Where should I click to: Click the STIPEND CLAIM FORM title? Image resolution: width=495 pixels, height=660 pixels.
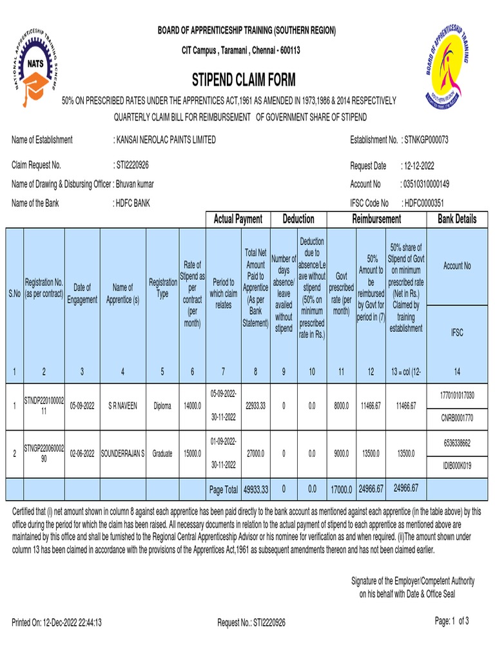(x=244, y=80)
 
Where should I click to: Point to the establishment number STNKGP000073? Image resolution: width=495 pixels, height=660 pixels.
(x=425, y=140)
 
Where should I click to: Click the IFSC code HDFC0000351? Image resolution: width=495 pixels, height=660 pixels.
(x=426, y=203)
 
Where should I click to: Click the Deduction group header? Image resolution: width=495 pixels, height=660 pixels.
(x=298, y=220)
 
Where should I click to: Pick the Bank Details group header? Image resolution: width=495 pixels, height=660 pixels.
(x=457, y=220)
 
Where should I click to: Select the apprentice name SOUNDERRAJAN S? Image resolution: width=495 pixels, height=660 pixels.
(x=122, y=454)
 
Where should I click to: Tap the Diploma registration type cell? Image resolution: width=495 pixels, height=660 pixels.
(x=162, y=407)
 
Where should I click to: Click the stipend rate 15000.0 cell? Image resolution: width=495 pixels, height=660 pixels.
(x=192, y=454)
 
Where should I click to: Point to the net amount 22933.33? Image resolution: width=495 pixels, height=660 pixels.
(x=255, y=407)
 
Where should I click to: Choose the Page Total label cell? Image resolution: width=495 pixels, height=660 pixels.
(x=223, y=490)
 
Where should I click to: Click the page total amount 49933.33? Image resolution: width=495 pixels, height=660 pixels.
(x=255, y=490)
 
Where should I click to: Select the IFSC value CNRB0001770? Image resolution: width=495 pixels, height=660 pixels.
(x=457, y=418)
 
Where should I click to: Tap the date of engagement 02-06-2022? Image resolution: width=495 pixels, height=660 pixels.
(x=82, y=454)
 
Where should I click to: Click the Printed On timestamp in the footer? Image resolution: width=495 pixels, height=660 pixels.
(x=57, y=623)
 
